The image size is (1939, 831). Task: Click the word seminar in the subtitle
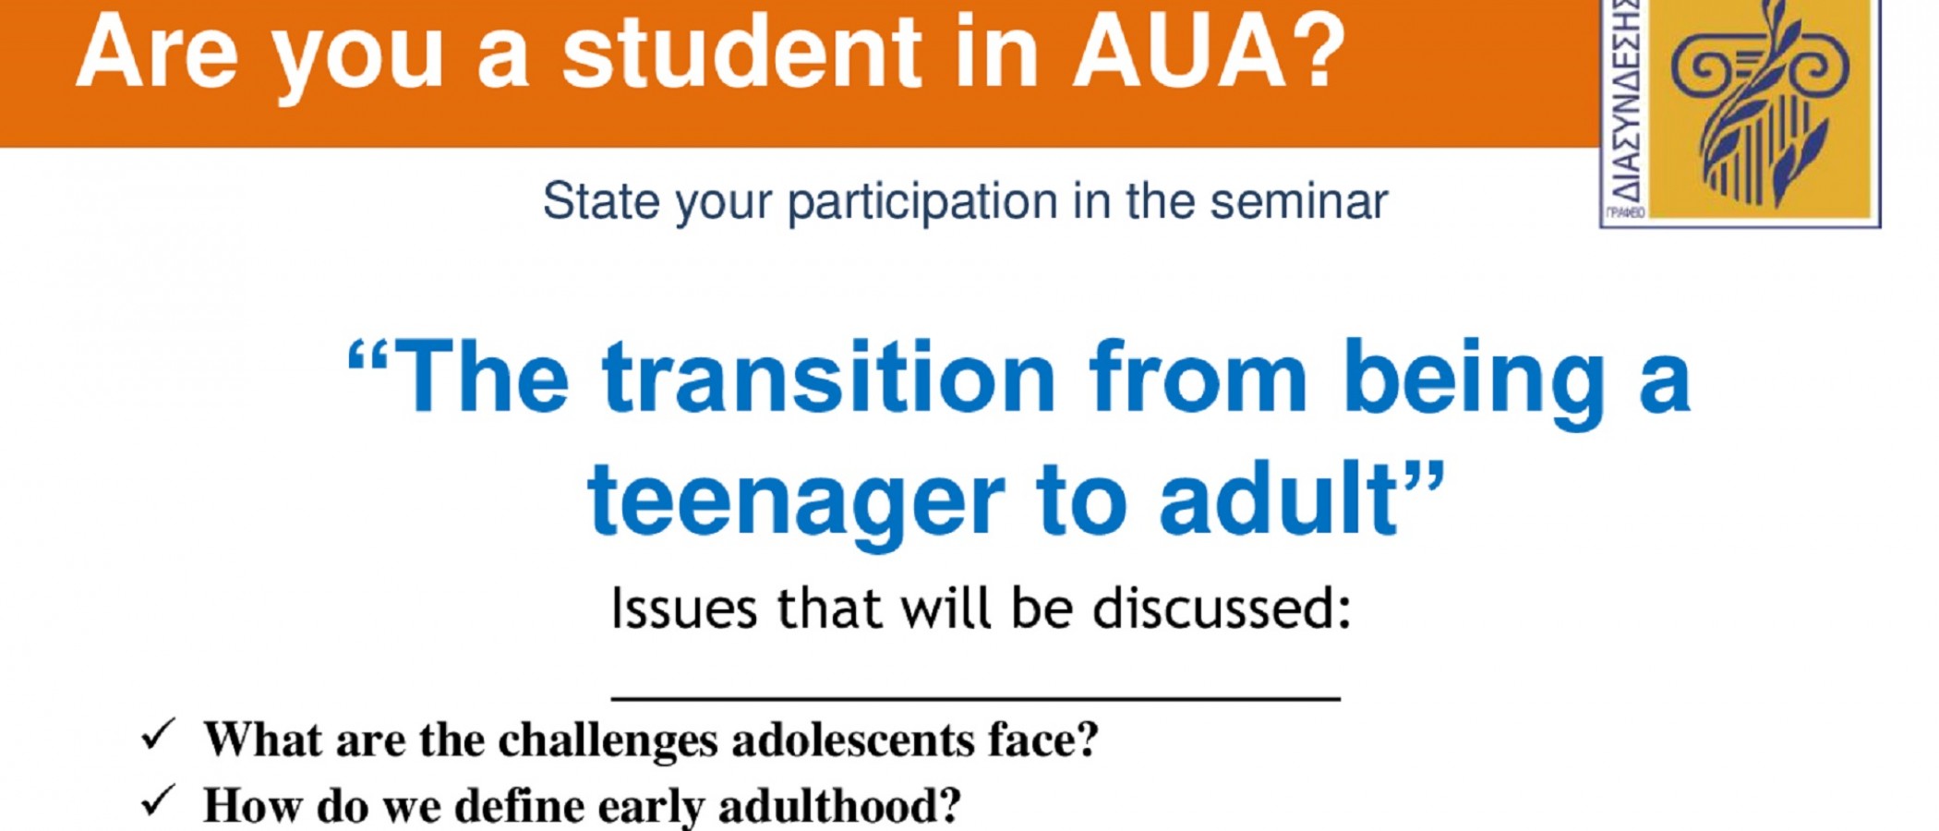[x=1299, y=201]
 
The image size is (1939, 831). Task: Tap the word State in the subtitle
[x=601, y=201]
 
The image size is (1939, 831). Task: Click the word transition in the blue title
[x=828, y=378]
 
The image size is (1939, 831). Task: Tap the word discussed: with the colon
[x=1222, y=608]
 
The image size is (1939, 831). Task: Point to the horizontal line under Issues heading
[x=976, y=698]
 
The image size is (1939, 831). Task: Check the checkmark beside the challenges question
[x=158, y=735]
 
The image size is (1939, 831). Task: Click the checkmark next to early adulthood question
[x=158, y=801]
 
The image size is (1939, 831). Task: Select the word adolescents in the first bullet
[x=853, y=741]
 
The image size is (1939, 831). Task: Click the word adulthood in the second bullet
[x=840, y=806]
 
